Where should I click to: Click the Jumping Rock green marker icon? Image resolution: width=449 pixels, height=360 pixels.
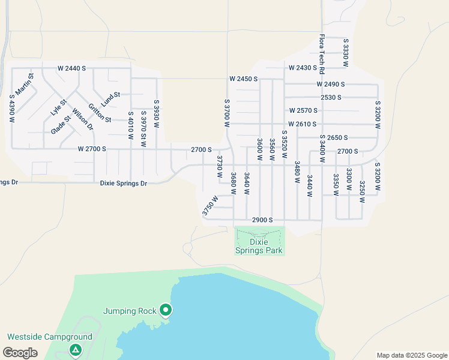(x=166, y=310)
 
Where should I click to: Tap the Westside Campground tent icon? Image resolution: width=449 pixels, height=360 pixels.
(x=75, y=350)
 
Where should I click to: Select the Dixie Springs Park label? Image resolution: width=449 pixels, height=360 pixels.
(x=258, y=246)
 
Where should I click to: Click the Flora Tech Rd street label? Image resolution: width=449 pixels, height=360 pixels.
(x=322, y=53)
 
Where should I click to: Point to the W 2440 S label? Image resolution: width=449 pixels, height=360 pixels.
(x=73, y=68)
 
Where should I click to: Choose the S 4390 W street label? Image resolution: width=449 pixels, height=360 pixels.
(x=11, y=108)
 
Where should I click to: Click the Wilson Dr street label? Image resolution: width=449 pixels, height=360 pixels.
(x=82, y=119)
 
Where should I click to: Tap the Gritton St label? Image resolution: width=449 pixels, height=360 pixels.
(x=100, y=113)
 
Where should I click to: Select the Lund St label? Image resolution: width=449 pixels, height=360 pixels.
(x=110, y=98)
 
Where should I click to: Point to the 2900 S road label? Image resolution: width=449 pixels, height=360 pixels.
(x=262, y=220)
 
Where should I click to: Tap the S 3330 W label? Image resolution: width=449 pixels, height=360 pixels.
(x=346, y=53)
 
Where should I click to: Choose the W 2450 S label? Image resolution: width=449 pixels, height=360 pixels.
(x=243, y=79)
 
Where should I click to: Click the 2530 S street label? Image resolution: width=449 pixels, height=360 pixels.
(x=331, y=97)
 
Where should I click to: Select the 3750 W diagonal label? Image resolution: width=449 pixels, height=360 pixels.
(x=209, y=206)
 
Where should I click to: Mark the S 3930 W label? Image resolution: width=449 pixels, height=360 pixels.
(x=156, y=113)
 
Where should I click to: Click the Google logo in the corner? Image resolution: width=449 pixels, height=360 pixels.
(x=20, y=353)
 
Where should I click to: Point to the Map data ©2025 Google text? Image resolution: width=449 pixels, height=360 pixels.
(x=412, y=355)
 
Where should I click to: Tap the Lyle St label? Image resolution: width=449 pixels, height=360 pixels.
(x=55, y=107)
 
